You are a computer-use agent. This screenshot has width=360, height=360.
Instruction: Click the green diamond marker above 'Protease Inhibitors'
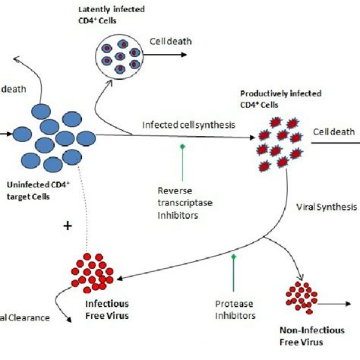point(233,258)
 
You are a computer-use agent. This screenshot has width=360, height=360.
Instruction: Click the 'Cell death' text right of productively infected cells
point(334,132)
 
